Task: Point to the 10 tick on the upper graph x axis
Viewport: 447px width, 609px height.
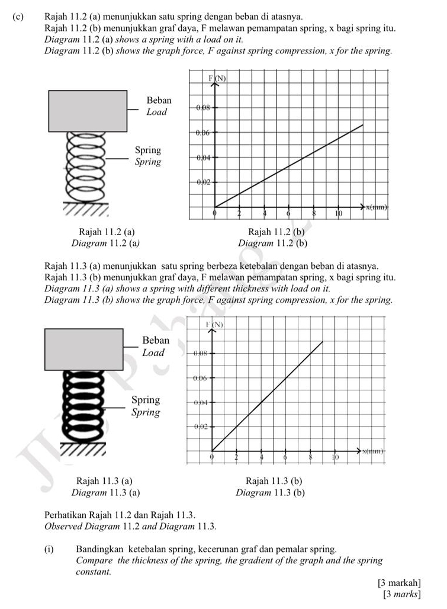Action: (339, 213)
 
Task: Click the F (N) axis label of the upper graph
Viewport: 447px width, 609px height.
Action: (217, 78)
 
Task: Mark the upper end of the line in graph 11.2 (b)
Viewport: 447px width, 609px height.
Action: (362, 125)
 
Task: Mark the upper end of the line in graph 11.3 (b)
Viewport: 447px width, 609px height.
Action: (323, 342)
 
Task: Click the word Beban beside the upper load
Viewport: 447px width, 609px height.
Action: (158, 101)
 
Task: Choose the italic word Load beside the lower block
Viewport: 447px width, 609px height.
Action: (153, 352)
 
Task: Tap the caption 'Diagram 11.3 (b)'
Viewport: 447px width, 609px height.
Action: (270, 492)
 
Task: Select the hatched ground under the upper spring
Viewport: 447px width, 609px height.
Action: (86, 210)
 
